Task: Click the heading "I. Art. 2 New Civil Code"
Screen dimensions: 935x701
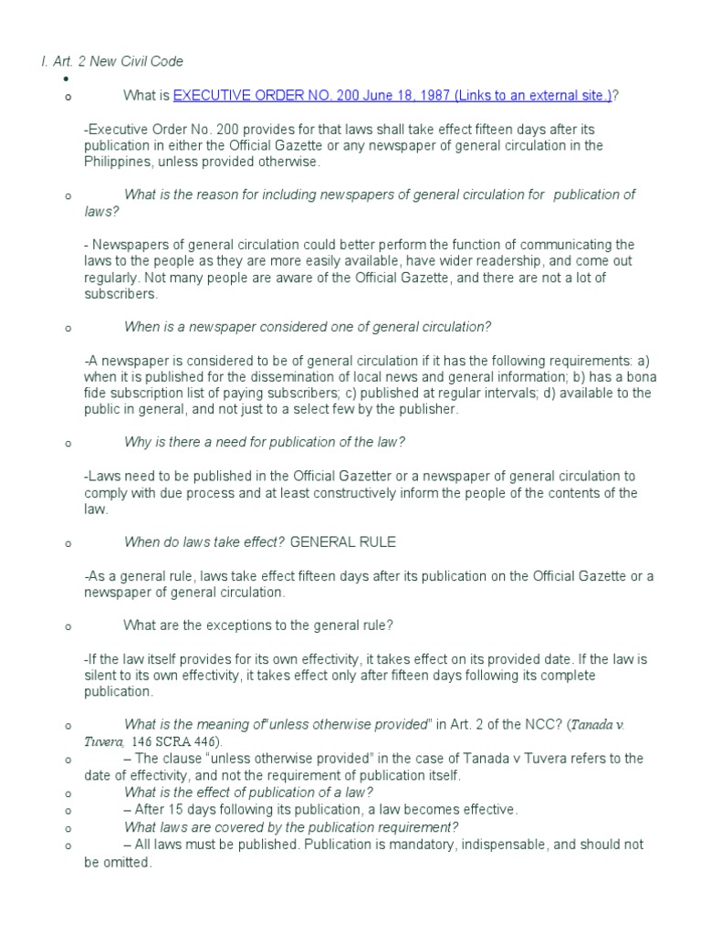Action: (111, 61)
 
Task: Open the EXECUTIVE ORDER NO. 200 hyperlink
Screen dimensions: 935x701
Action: (392, 97)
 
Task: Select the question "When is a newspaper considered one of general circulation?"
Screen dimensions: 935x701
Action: (308, 327)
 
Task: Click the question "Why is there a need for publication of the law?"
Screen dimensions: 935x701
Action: (264, 442)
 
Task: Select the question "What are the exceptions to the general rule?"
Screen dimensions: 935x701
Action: (258, 625)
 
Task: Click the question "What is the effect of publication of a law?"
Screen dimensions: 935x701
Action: (248, 792)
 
